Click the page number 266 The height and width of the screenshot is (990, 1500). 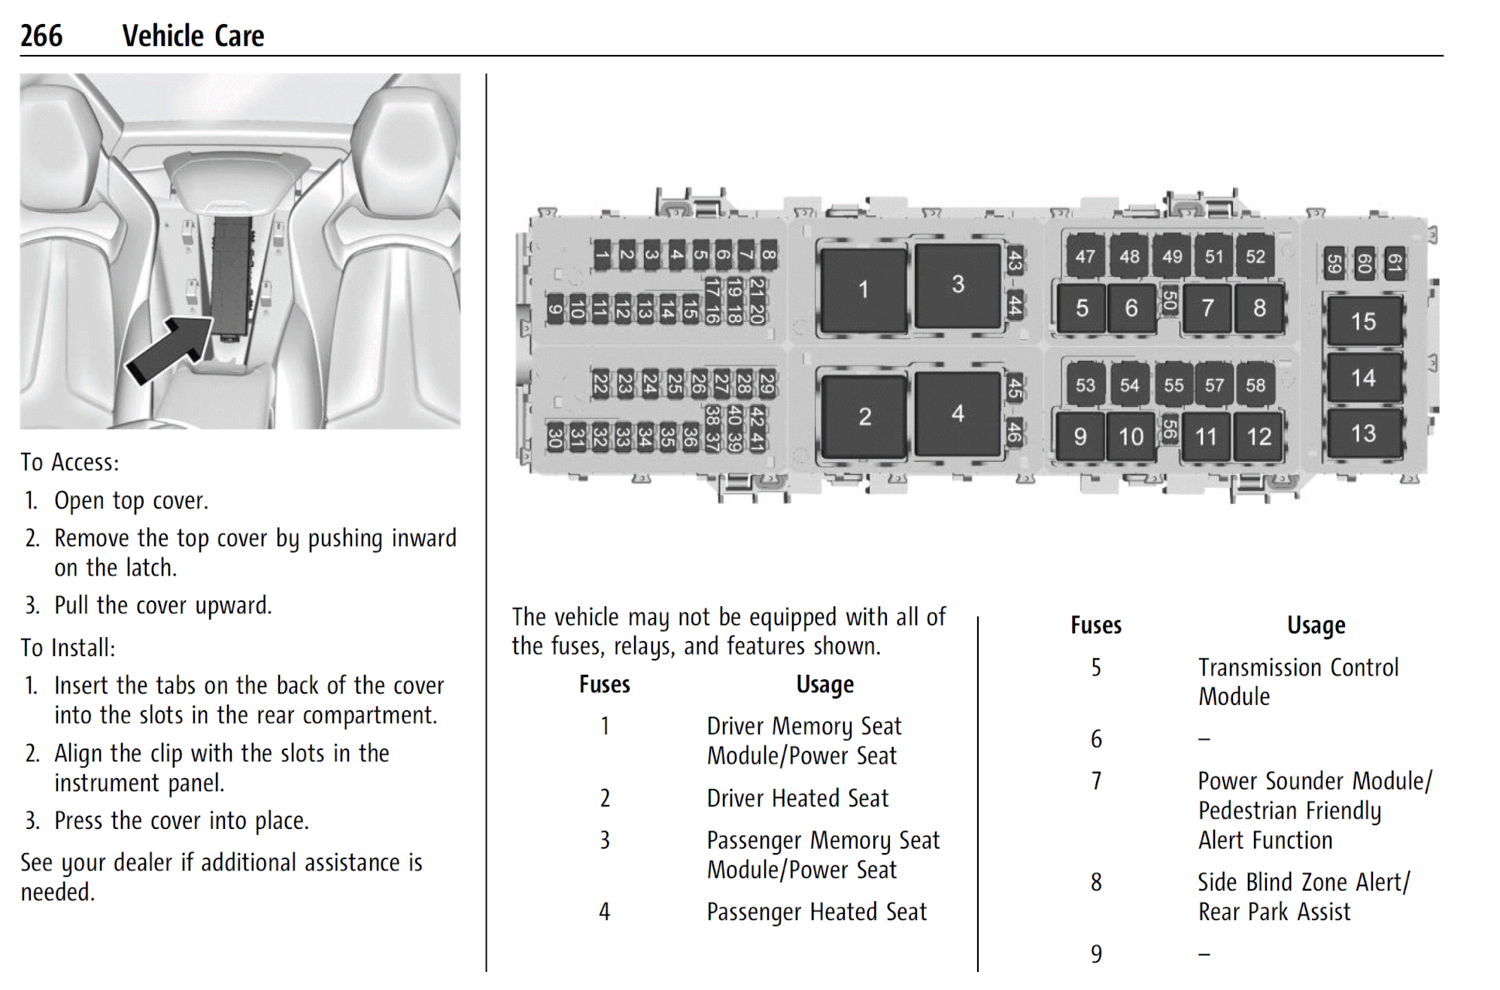click(x=41, y=35)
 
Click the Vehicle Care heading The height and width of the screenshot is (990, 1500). click(x=193, y=35)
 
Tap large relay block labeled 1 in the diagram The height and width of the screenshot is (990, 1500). click(x=863, y=290)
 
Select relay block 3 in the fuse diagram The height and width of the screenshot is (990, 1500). click(x=957, y=284)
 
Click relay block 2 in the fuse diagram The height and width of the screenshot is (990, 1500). click(x=864, y=417)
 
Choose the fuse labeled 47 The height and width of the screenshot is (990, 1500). click(x=1084, y=257)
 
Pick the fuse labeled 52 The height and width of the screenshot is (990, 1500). click(x=1255, y=257)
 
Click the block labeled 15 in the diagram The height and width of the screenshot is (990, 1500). click(x=1363, y=321)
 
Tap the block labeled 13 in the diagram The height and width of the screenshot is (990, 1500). click(x=1363, y=433)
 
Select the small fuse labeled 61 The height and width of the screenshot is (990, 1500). click(x=1394, y=264)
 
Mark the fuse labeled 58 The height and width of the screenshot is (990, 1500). click(x=1255, y=385)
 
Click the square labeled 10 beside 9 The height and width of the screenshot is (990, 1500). click(x=1130, y=436)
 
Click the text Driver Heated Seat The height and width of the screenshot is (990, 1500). click(x=797, y=798)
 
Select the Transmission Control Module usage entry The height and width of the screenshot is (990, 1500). click(x=1297, y=682)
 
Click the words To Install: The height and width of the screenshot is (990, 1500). click(x=68, y=648)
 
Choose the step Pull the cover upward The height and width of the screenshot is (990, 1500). click(x=162, y=606)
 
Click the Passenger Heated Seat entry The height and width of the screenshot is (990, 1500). click(x=816, y=912)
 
